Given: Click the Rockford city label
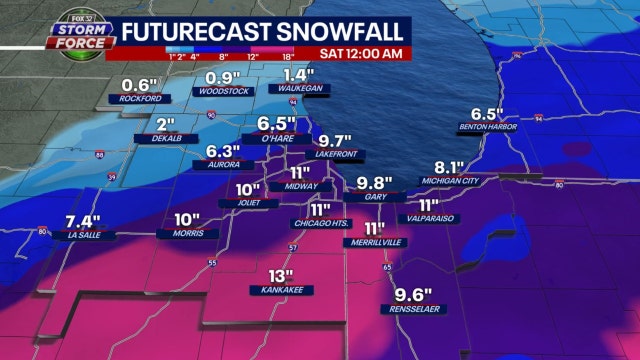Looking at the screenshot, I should (x=140, y=98).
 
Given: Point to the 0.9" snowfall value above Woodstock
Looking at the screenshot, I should (x=224, y=77).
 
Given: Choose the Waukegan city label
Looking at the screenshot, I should (x=299, y=89).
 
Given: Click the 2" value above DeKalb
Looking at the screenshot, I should (x=167, y=126).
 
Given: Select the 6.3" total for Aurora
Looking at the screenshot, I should (x=224, y=150).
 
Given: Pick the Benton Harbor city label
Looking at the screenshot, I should (x=485, y=127).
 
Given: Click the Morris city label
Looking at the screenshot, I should (x=188, y=235).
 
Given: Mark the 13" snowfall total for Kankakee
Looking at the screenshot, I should (x=281, y=276).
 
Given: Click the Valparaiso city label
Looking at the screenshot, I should (x=431, y=218).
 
